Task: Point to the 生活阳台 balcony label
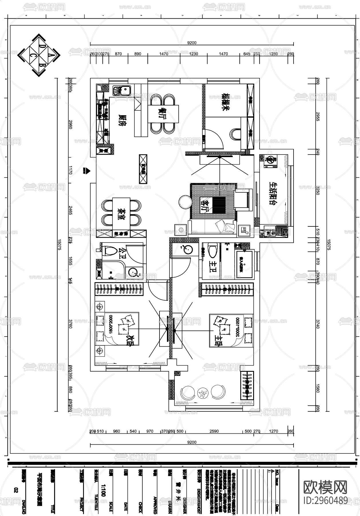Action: tap(274, 193)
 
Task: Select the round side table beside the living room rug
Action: tap(185, 202)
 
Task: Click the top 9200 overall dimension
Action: tap(192, 43)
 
